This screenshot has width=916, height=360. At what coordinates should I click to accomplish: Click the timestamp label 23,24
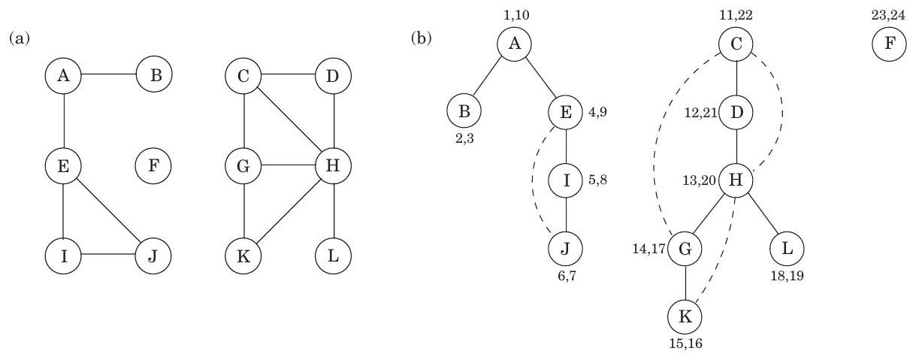coord(888,15)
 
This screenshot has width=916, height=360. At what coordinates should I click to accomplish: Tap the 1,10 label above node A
coord(515,14)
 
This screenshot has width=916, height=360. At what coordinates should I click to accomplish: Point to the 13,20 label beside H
coord(701,180)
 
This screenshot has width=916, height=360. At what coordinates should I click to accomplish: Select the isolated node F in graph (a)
coord(153,165)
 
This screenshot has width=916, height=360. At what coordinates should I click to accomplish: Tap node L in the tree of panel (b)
coord(786,248)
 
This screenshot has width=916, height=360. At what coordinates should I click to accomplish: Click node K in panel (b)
coord(685,316)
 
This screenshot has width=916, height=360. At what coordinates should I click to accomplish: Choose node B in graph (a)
coord(153,75)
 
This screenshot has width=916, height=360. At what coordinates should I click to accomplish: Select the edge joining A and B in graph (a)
coord(108,75)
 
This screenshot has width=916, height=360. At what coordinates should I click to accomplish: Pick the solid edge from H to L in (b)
coord(761,214)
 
